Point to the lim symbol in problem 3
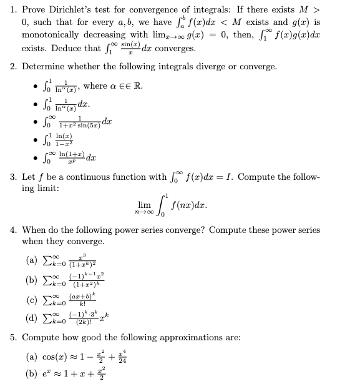144,204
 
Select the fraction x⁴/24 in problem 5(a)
130,357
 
